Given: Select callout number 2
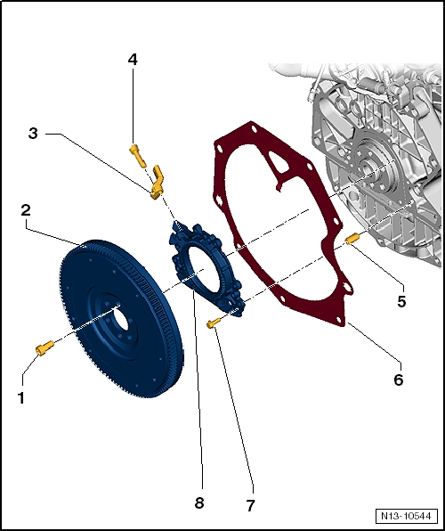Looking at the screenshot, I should click(27, 210).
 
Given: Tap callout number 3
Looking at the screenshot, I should click(33, 134).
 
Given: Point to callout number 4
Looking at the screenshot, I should click(133, 60).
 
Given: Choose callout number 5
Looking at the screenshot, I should click(401, 301).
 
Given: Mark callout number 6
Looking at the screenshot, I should click(398, 380).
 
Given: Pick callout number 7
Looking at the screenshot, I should click(251, 505).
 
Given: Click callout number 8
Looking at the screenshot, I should click(199, 502).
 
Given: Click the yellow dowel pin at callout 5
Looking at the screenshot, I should click(352, 238).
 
